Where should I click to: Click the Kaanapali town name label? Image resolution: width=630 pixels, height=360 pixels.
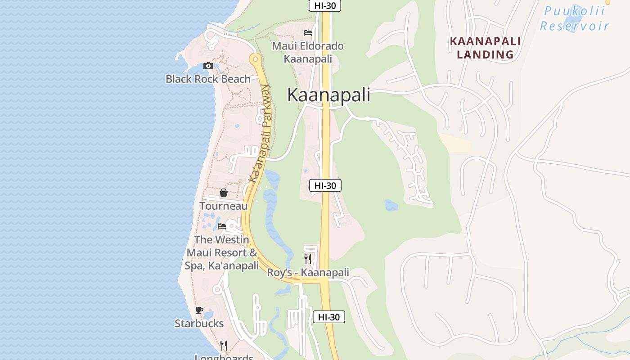[328, 95]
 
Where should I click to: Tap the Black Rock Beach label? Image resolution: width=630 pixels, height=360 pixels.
[208, 79]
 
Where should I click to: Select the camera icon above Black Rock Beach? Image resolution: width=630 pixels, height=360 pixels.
[208, 66]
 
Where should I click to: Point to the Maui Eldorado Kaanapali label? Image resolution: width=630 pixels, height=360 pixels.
[308, 52]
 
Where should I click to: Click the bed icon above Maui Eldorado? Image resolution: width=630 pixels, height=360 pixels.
[308, 33]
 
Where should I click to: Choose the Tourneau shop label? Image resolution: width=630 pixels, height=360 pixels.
[224, 206]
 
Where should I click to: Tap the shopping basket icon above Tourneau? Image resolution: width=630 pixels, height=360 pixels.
[224, 193]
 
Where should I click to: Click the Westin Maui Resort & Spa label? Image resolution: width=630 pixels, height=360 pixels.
[222, 252]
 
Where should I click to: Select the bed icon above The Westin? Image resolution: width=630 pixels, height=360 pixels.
[222, 226]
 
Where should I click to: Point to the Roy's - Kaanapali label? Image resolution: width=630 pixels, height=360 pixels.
[308, 273]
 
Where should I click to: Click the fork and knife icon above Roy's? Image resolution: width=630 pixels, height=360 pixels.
[308, 259]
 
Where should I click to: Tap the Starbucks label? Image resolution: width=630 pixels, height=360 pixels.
[199, 324]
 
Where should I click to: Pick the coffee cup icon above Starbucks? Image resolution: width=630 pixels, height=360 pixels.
[199, 310]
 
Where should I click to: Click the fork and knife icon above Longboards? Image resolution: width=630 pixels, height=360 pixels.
[224, 345]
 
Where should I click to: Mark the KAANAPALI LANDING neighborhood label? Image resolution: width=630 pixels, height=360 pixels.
[486, 48]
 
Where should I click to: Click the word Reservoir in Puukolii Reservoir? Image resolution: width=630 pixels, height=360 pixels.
[575, 26]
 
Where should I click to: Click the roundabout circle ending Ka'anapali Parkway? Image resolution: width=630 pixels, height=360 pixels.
[256, 58]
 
